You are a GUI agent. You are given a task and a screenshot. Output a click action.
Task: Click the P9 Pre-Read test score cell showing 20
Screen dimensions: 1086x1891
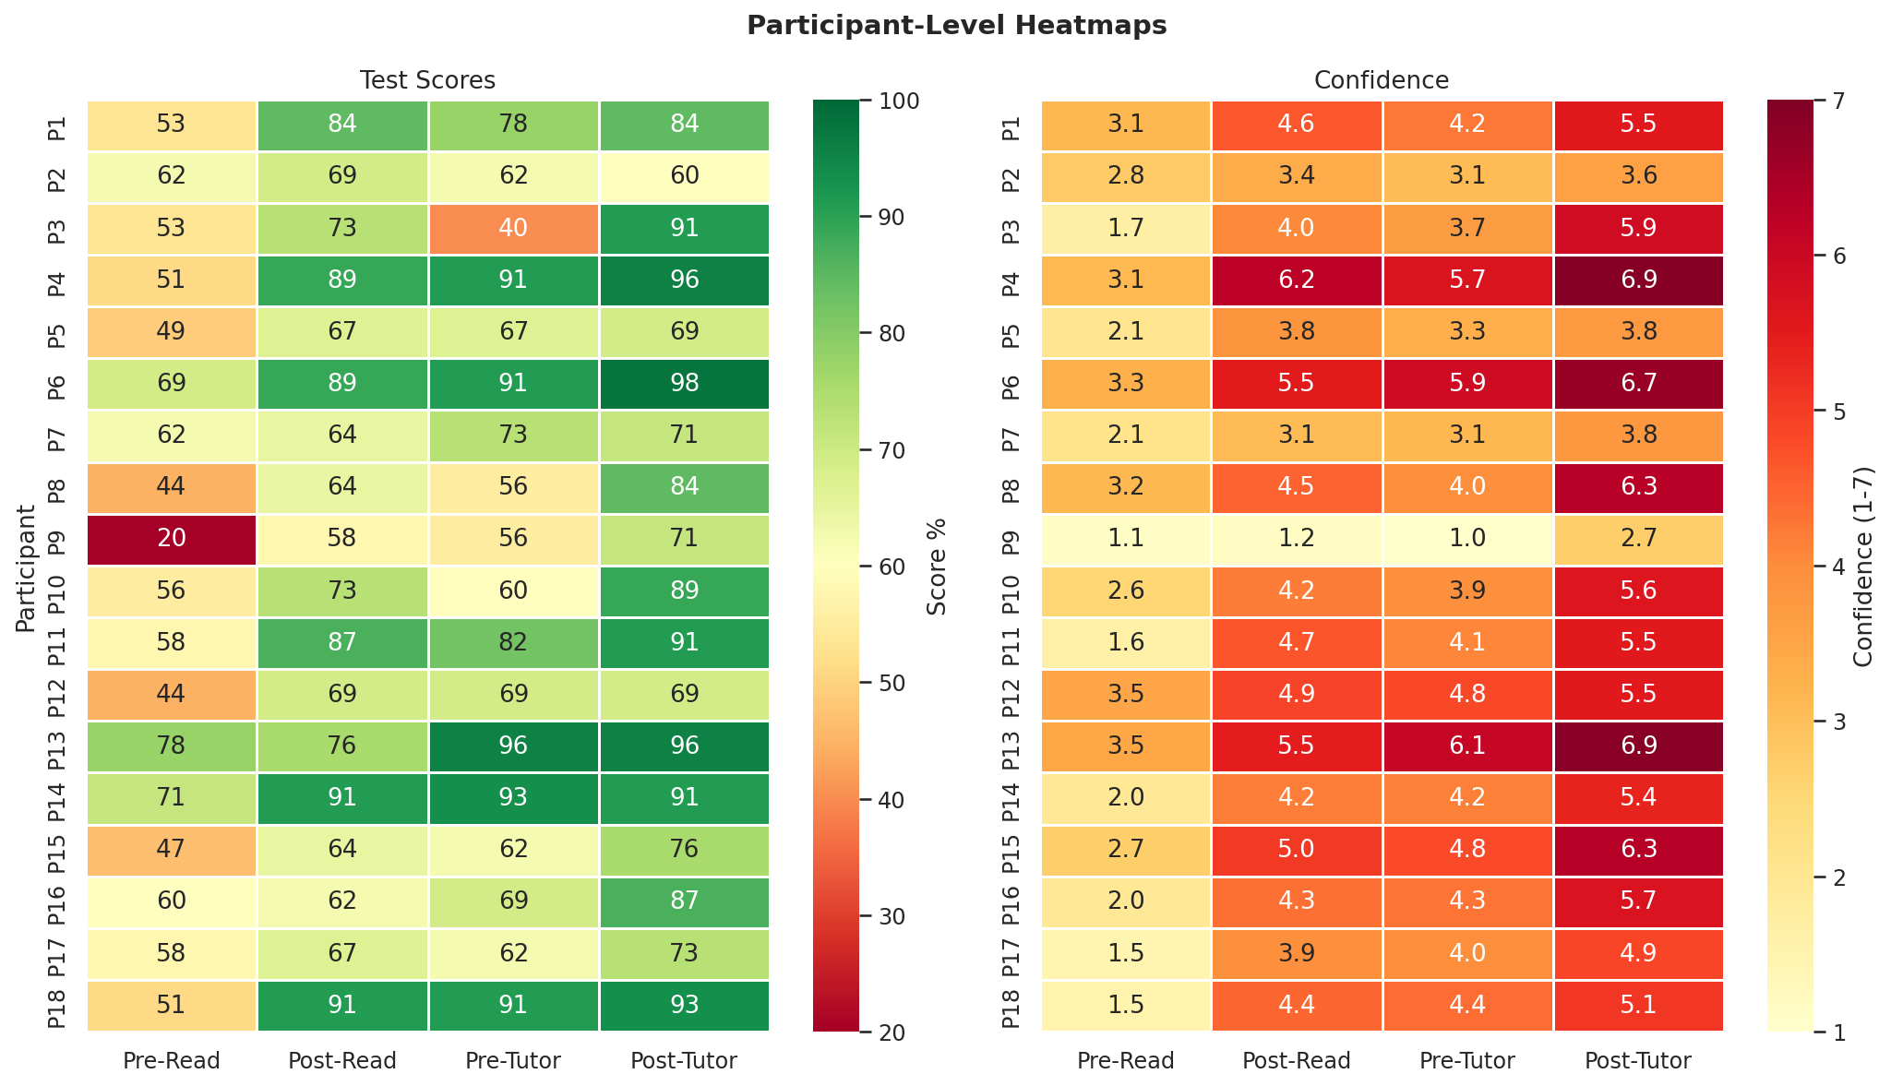point(172,540)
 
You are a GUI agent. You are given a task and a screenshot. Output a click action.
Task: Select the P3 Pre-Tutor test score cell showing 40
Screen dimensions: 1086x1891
point(514,229)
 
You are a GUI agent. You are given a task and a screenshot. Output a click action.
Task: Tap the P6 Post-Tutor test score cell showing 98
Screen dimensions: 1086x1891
point(684,384)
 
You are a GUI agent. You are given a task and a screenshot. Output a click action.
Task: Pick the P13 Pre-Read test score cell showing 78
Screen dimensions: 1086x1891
point(172,746)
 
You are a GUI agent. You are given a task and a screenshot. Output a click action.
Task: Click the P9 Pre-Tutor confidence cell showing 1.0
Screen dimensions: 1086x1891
point(1467,540)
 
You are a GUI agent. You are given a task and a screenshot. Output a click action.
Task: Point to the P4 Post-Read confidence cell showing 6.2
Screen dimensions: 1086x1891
point(1297,280)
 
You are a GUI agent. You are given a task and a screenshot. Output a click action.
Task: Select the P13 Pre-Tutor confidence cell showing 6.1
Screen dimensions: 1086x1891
point(1467,746)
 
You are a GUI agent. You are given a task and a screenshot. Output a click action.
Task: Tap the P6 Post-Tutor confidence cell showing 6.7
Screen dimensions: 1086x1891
point(1638,384)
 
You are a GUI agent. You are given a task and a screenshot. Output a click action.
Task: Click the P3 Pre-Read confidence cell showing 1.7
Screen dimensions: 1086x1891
point(1126,229)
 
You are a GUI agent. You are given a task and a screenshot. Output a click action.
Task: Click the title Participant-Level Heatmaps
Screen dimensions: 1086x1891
point(956,26)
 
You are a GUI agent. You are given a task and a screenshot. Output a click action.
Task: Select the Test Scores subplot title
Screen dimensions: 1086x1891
point(428,80)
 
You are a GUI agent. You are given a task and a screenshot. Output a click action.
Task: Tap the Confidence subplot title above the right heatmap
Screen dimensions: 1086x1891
point(1382,80)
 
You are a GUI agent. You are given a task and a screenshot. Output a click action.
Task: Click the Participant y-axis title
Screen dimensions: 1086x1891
point(25,566)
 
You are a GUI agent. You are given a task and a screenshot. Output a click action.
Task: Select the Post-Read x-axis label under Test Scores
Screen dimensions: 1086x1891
point(342,1061)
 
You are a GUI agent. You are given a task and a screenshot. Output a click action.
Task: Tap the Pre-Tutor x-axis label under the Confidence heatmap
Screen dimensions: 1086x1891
point(1467,1061)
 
